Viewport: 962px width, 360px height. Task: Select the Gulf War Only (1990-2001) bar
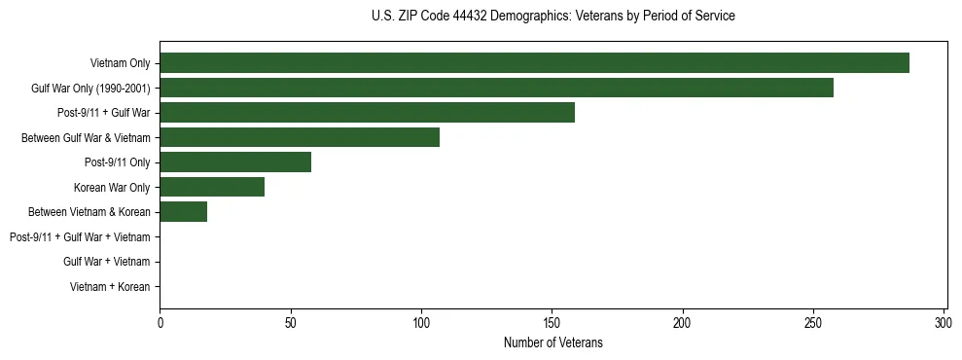(x=496, y=88)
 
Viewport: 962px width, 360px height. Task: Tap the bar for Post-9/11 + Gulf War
(x=367, y=113)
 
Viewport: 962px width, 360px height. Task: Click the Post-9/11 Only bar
(x=235, y=162)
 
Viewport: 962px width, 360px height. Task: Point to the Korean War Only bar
(x=212, y=187)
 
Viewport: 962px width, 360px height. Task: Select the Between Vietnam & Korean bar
(x=184, y=212)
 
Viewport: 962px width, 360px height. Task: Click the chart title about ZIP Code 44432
(x=553, y=17)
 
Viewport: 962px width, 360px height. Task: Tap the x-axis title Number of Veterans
(x=553, y=343)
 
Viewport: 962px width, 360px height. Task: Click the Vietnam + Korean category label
(x=110, y=287)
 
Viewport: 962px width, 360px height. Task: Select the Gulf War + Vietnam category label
(x=107, y=262)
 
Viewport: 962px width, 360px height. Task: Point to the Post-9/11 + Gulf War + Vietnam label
(x=80, y=237)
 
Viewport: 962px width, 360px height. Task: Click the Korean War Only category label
(x=112, y=187)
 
